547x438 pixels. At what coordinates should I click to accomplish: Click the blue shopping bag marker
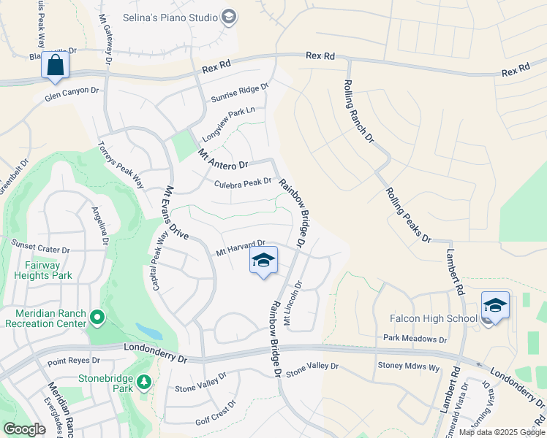[x=55, y=65]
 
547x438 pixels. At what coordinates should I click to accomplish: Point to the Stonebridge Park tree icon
[x=145, y=382]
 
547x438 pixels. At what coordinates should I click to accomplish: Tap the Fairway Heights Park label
[x=42, y=270]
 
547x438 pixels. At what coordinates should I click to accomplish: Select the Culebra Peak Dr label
[x=243, y=182]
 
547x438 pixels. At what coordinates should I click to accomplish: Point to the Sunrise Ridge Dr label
[x=240, y=92]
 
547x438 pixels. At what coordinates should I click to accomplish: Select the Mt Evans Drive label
[x=175, y=212]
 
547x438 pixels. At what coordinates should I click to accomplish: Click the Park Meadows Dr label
[x=415, y=339]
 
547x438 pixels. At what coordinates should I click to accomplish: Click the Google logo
[x=23, y=429]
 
